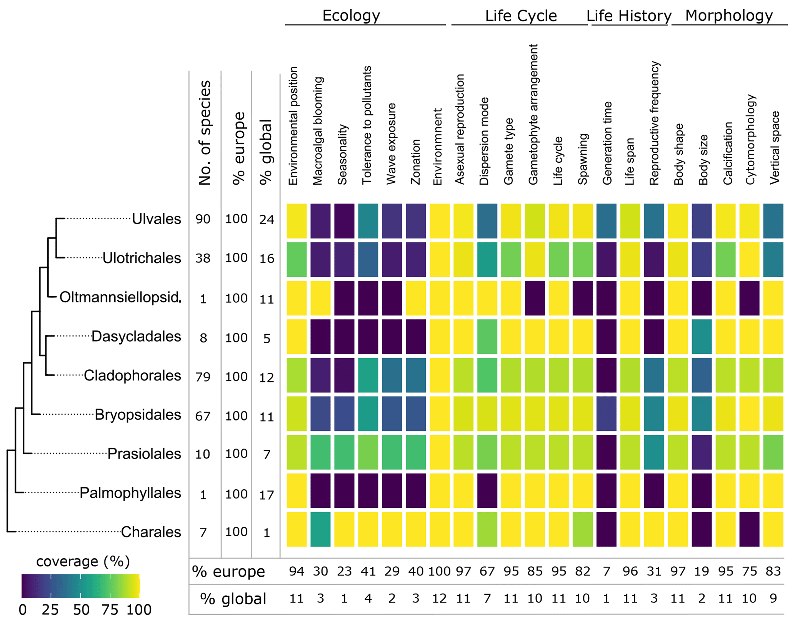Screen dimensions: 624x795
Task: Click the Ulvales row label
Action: coord(156,219)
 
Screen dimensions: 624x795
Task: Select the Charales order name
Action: coord(151,532)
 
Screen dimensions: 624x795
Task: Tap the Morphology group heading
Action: coord(729,16)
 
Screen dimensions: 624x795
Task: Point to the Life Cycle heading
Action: coord(521,16)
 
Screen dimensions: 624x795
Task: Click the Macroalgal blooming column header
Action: coord(318,131)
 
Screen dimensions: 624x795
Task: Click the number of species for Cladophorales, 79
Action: coord(203,377)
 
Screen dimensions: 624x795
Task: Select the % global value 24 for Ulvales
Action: coord(267,220)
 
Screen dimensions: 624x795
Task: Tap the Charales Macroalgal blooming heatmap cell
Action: coord(320,529)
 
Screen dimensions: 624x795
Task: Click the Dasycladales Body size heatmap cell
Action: coord(702,337)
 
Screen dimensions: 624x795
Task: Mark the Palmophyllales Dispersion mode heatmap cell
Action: coord(487,491)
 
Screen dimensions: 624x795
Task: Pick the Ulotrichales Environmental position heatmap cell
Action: coord(297,259)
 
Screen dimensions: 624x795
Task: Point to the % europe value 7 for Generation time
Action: coord(607,571)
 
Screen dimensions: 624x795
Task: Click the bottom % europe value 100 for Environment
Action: coord(439,571)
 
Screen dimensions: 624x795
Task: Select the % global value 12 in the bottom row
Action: coord(439,598)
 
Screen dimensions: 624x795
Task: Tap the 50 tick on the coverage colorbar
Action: coord(81,610)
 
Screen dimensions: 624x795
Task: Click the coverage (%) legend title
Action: coord(83,562)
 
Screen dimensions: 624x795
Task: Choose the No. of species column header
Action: coord(205,133)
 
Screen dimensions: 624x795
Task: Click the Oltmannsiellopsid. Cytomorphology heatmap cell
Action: coord(749,298)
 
